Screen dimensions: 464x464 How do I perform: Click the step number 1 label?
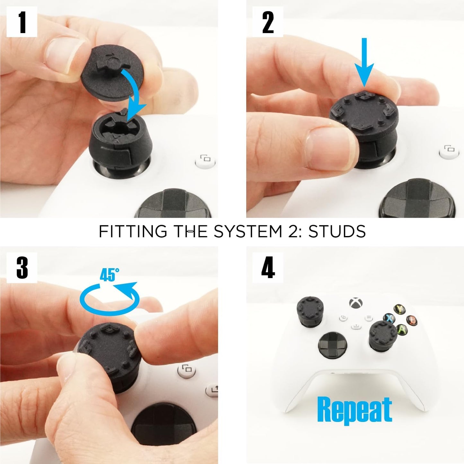(22, 22)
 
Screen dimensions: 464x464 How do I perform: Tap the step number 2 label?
(267, 22)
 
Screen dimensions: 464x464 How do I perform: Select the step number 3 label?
(22, 267)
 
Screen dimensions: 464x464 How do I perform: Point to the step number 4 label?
(267, 267)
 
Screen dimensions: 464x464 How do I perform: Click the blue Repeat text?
(354, 410)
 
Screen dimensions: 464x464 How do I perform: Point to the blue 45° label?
(109, 275)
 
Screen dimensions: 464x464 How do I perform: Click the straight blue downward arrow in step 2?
(364, 63)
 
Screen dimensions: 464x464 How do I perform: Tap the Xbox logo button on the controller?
(356, 303)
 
